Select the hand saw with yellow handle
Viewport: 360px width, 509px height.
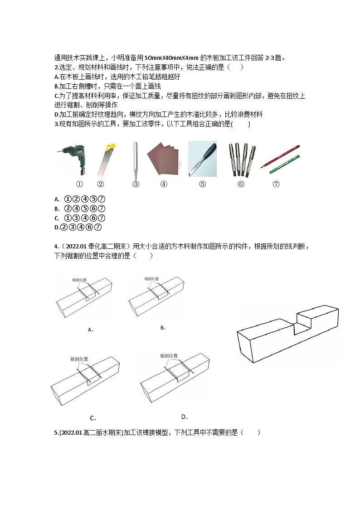[106, 159]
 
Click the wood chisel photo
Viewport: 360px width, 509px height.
[203, 158]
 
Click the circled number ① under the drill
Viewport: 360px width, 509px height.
[79, 184]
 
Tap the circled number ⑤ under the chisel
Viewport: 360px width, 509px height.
[203, 184]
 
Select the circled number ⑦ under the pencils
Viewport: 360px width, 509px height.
[276, 184]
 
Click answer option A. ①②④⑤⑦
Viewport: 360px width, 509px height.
[80, 199]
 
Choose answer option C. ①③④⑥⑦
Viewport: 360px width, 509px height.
[80, 218]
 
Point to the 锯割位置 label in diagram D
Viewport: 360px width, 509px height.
[169, 356]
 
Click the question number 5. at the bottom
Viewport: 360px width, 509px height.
[56, 433]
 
